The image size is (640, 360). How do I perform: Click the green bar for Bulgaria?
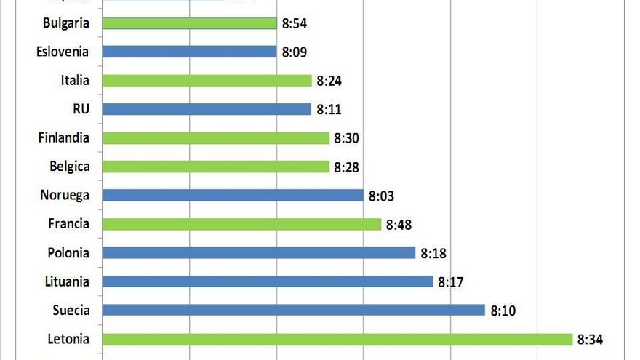pyautogui.click(x=189, y=23)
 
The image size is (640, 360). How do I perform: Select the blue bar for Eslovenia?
pyautogui.click(x=189, y=52)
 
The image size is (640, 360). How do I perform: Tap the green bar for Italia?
pyautogui.click(x=207, y=81)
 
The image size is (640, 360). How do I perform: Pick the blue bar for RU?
pyautogui.click(x=207, y=109)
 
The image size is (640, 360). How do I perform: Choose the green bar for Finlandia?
pyautogui.click(x=215, y=138)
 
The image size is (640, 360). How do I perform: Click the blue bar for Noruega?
pyautogui.click(x=233, y=195)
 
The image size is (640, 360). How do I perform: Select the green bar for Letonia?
pyautogui.click(x=337, y=339)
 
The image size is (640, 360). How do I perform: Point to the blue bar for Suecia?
pyautogui.click(x=293, y=310)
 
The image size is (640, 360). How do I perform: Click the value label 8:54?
pyautogui.click(x=295, y=24)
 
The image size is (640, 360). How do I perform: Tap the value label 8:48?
pyautogui.click(x=399, y=225)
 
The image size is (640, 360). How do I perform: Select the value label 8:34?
pyautogui.click(x=590, y=340)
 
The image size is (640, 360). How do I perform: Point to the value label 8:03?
pyautogui.click(x=381, y=196)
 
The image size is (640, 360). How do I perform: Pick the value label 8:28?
pyautogui.click(x=346, y=167)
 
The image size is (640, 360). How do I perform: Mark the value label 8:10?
pyautogui.click(x=503, y=311)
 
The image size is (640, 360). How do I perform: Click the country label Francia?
pyautogui.click(x=69, y=224)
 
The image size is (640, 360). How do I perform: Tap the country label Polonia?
pyautogui.click(x=68, y=252)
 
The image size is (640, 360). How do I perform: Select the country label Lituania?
pyautogui.click(x=67, y=281)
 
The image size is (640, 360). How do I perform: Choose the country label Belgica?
pyautogui.click(x=70, y=167)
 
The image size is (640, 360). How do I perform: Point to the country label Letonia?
pyautogui.click(x=68, y=339)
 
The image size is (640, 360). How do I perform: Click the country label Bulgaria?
pyautogui.click(x=66, y=23)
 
